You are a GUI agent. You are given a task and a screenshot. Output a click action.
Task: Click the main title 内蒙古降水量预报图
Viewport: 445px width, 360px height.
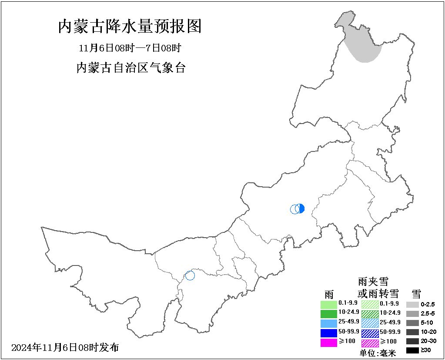point(130,27)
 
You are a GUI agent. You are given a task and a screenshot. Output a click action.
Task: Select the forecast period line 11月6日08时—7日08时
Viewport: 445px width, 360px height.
point(130,47)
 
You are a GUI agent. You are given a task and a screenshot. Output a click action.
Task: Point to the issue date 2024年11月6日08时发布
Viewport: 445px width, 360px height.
point(65,347)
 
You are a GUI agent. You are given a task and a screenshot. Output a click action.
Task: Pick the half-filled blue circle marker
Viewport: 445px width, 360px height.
point(300,209)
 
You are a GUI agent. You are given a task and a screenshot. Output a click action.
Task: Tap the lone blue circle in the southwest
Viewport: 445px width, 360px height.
point(190,275)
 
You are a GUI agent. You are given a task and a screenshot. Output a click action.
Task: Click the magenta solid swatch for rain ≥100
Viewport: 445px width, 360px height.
point(328,343)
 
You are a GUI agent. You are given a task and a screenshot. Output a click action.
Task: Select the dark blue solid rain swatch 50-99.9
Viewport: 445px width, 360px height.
point(328,333)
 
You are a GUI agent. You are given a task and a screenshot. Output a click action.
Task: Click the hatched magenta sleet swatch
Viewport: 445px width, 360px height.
point(370,343)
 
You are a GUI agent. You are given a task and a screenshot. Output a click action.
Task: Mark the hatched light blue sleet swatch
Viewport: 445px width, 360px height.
point(370,323)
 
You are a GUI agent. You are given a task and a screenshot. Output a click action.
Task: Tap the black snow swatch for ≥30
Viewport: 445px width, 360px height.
point(412,350)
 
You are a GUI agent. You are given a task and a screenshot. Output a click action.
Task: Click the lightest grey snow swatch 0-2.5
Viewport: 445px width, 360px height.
point(412,305)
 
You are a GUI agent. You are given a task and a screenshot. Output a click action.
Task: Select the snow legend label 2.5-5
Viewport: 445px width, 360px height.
point(428,313)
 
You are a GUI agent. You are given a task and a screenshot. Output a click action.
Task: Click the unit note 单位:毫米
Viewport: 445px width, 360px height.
point(378,353)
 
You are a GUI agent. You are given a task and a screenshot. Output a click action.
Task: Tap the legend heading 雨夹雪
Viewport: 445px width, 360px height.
point(373,282)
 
